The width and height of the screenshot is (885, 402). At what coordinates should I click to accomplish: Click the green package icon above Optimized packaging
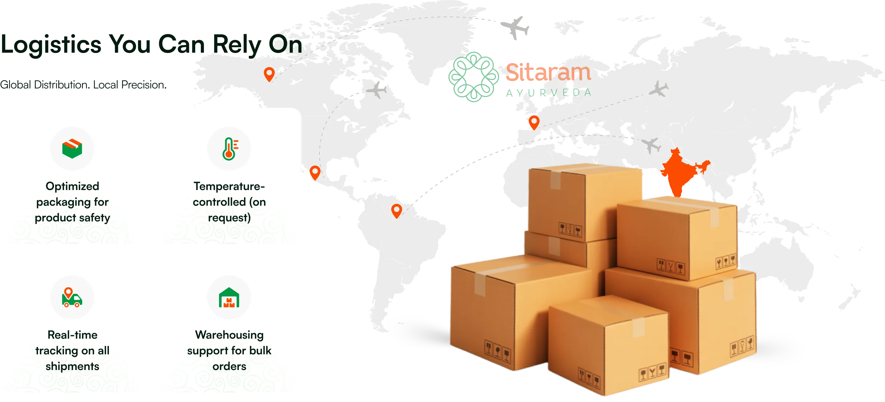(72, 149)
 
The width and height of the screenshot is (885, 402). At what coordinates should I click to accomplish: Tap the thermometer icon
(229, 149)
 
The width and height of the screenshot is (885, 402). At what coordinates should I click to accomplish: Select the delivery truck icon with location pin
(72, 297)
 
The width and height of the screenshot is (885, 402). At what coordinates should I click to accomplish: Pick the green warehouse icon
(229, 297)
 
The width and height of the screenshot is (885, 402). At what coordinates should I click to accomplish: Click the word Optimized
(72, 186)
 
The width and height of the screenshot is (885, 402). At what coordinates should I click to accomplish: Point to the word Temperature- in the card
(229, 186)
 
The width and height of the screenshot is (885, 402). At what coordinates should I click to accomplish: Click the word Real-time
(72, 335)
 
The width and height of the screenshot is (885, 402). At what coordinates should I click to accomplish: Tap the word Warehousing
(229, 335)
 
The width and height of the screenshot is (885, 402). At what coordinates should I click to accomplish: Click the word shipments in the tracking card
(72, 366)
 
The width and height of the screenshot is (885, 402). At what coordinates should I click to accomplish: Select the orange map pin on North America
(269, 74)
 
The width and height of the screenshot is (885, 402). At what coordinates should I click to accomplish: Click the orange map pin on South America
(396, 210)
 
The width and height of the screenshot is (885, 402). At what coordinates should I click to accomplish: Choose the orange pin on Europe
(534, 122)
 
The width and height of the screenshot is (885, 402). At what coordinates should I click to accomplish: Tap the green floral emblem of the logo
(473, 77)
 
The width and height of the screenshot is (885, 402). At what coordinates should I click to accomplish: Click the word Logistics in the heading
(51, 45)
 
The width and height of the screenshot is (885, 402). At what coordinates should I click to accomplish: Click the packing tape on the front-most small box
(638, 326)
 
